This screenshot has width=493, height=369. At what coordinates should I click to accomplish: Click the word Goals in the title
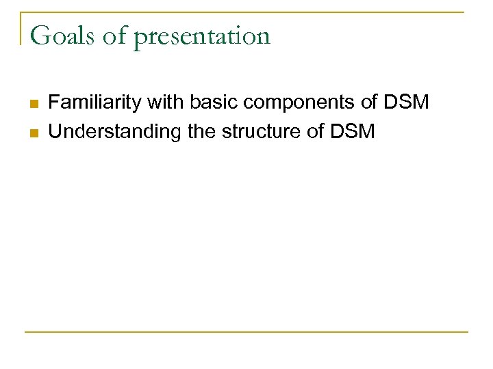click(61, 36)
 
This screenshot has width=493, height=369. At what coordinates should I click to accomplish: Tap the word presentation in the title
click(202, 37)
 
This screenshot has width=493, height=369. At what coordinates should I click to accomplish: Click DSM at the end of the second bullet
click(356, 131)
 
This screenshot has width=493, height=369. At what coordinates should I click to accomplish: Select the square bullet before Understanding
click(32, 131)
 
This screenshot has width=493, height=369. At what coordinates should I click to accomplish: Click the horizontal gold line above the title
click(246, 12)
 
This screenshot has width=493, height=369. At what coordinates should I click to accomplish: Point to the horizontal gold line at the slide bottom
click(246, 332)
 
